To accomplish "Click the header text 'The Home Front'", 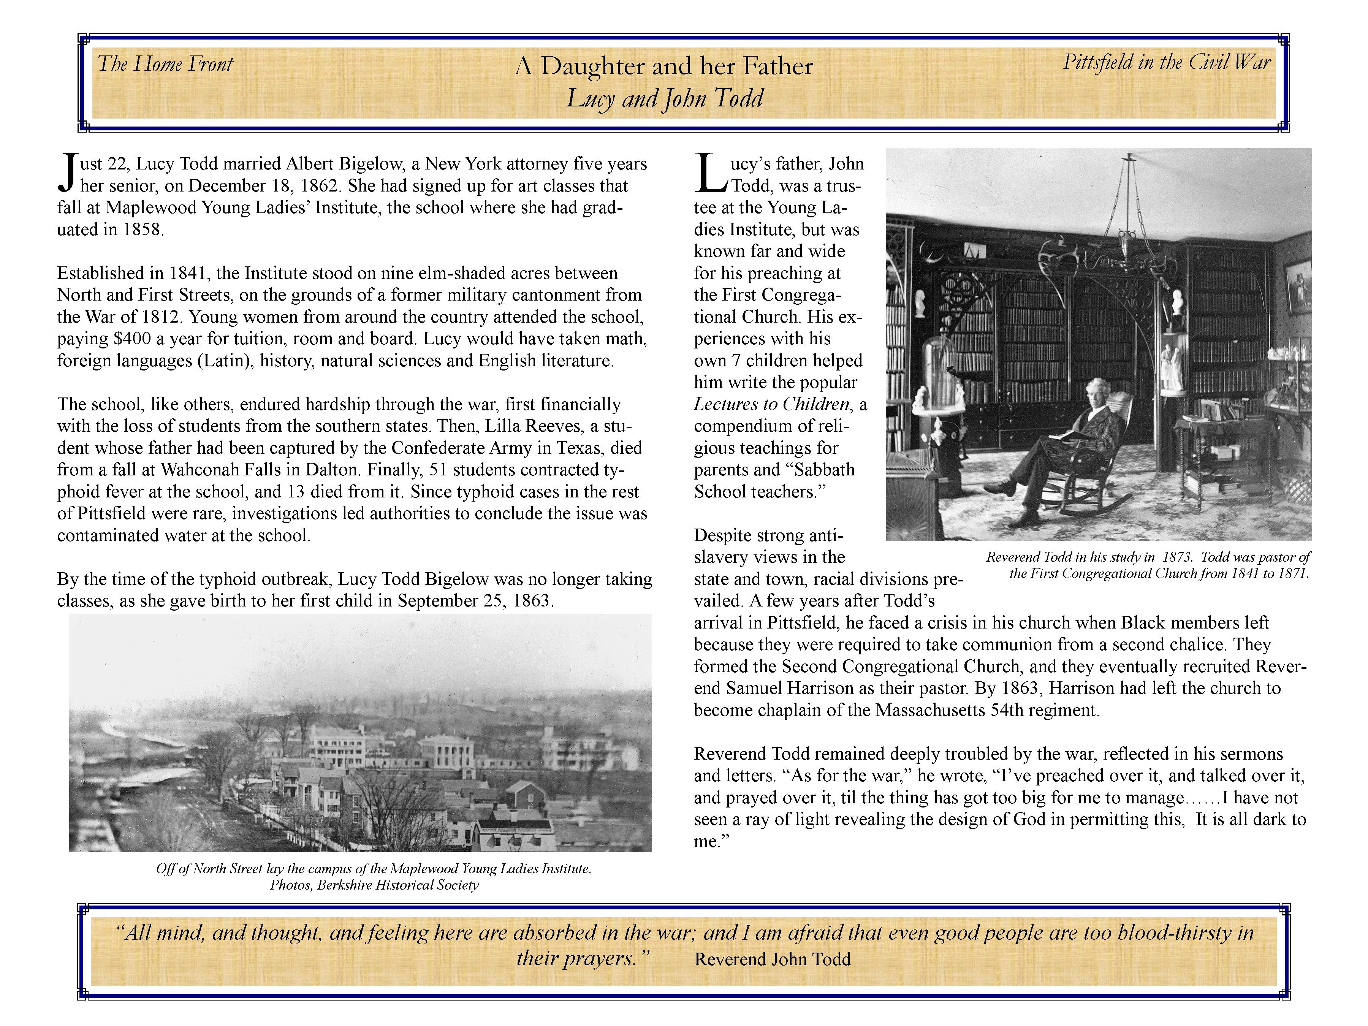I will coord(165,64).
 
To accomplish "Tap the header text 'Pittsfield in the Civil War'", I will coord(1166,62).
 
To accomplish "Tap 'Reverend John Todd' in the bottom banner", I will coord(773,959).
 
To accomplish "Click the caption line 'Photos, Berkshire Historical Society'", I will coord(374,885).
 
